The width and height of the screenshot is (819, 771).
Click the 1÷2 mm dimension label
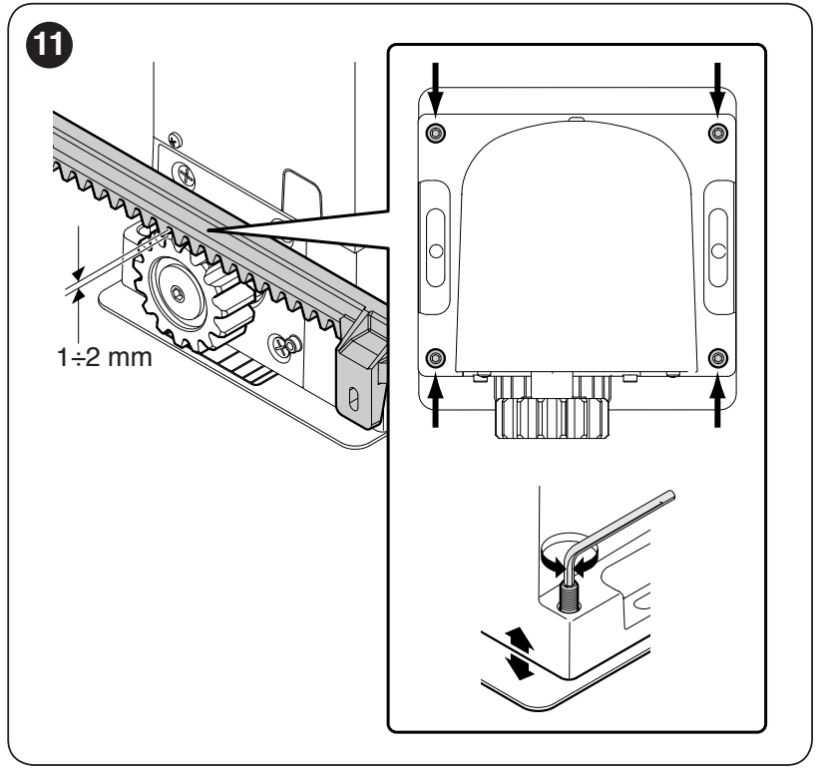point(105,357)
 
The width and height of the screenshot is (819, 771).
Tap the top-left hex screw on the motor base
point(435,133)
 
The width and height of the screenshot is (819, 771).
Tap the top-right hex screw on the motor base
point(718,133)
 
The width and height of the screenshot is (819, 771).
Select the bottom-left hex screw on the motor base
point(435,358)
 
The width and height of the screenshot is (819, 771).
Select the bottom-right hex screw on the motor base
point(718,358)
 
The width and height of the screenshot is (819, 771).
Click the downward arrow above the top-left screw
point(435,89)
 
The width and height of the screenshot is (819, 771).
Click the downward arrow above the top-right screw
point(717,89)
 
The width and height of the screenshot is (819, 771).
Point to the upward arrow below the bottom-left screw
point(435,401)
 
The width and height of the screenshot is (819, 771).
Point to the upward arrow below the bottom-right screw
point(717,401)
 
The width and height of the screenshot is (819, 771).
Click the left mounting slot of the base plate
point(436,248)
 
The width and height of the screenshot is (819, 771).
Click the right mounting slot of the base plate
point(718,248)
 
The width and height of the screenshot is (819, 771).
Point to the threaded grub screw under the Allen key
point(569,594)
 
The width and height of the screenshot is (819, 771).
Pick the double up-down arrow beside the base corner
point(519,654)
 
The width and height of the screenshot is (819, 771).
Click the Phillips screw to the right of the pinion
point(282,345)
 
